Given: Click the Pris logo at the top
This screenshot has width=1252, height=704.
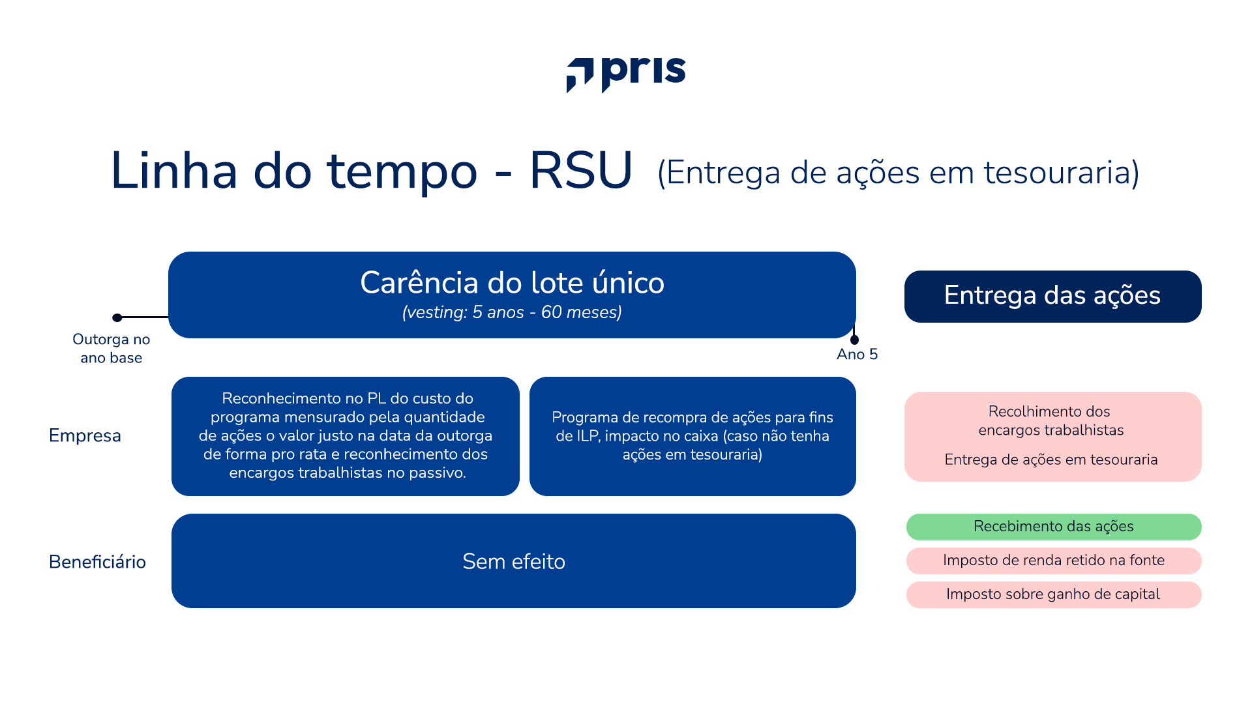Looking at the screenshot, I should click(x=626, y=74).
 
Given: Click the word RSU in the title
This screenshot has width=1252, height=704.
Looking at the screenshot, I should click(x=580, y=171).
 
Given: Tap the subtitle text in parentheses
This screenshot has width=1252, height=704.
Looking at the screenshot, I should click(x=898, y=173).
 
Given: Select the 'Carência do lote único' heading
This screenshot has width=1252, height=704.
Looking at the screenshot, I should click(x=512, y=283).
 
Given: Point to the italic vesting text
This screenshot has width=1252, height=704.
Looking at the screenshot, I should click(x=512, y=312).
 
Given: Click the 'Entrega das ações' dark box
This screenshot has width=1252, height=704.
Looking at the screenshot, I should click(x=1052, y=296).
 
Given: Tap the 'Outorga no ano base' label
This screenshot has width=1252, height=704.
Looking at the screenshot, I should click(x=111, y=348).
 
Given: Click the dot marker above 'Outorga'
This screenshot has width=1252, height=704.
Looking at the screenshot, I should click(x=117, y=317).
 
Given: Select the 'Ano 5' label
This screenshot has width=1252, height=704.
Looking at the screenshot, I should click(x=857, y=354).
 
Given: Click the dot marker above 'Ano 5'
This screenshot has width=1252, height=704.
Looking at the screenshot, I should click(x=854, y=340).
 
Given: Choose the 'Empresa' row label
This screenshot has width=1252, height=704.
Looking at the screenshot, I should click(x=85, y=435).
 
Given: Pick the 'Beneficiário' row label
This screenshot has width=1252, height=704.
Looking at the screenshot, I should click(x=97, y=562).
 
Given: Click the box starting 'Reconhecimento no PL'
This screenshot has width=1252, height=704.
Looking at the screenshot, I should click(x=346, y=435).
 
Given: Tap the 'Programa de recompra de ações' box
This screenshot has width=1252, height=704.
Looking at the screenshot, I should click(x=692, y=435).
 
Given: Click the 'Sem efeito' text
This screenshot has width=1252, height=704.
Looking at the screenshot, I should click(x=513, y=561).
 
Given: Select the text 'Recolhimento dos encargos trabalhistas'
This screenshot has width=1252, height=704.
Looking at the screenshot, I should click(x=1050, y=420).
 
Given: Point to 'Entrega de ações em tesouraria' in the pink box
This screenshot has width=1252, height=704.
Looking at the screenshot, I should click(x=1051, y=460).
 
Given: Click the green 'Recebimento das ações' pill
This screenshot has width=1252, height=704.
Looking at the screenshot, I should click(x=1053, y=527).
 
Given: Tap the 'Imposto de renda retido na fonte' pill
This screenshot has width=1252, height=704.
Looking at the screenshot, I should click(x=1053, y=561).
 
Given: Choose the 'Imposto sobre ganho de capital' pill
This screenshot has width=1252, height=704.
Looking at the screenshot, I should click(x=1053, y=594).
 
